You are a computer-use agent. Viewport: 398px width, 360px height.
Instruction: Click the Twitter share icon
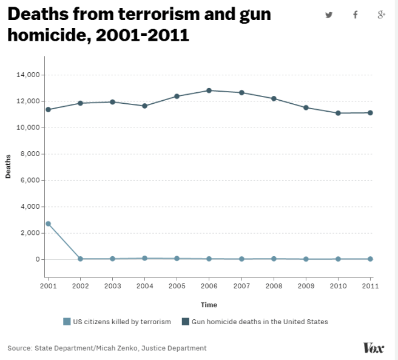(x=329, y=15)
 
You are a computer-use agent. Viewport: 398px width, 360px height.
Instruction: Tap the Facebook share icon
(x=356, y=15)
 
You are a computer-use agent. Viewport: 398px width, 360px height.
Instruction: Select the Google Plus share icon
(x=382, y=15)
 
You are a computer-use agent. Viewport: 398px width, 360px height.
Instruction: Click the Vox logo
(x=373, y=348)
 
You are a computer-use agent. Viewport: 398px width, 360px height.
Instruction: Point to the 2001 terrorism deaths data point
(x=48, y=223)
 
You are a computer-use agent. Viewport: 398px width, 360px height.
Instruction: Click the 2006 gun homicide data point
(x=209, y=90)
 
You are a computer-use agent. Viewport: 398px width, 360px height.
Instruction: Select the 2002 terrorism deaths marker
(x=80, y=259)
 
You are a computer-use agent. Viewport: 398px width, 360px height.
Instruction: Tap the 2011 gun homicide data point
(x=371, y=113)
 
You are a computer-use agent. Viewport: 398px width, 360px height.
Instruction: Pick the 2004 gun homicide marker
(x=144, y=106)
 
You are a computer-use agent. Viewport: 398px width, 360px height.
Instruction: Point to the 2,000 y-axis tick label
(x=30, y=233)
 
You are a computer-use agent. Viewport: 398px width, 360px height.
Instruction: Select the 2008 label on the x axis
(x=274, y=285)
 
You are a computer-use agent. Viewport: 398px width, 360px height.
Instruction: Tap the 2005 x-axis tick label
(x=177, y=285)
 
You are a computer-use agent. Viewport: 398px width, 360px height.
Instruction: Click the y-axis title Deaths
(x=8, y=168)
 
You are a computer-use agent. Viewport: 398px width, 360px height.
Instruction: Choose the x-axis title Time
(x=209, y=305)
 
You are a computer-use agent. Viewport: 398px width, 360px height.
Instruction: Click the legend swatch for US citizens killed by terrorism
(x=67, y=322)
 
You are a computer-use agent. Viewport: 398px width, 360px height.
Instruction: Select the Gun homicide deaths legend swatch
(x=185, y=322)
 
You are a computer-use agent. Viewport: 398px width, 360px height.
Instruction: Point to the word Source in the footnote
(x=20, y=348)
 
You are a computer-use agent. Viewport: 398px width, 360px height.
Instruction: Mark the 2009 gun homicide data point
(x=306, y=107)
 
